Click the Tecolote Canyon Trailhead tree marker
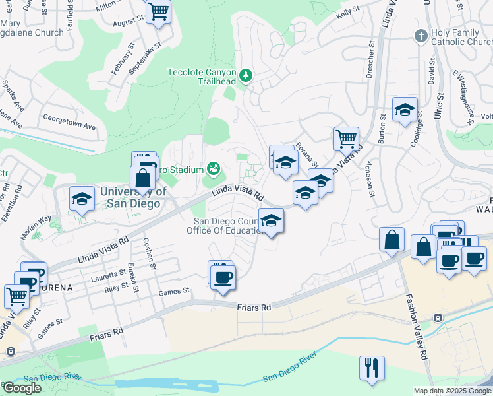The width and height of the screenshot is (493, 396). point(246,75)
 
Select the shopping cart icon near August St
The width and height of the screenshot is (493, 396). point(158,11)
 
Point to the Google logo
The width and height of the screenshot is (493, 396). point(22,388)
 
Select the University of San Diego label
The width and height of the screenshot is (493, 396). point(130,197)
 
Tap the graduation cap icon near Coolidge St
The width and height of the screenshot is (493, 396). point(405,109)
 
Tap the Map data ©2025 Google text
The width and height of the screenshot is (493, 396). point(451,391)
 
